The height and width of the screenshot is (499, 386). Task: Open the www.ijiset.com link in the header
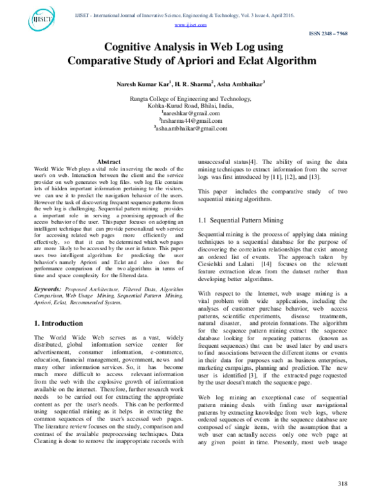click(192, 24)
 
